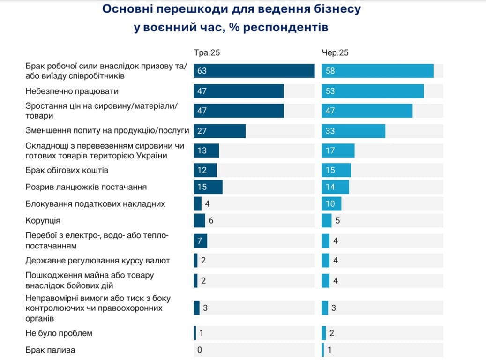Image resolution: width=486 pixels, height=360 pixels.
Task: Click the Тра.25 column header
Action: pos(207,53)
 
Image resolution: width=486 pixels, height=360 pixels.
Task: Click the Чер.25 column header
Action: pos(335,53)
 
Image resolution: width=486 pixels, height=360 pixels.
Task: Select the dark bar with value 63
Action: pos(254,71)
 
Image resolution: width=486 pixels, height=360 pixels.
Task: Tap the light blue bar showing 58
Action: pos(377,71)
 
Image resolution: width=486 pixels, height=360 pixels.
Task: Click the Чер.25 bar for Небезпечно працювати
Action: pos(373,91)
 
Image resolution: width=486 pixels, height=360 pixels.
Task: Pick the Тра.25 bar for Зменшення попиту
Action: pos(220,131)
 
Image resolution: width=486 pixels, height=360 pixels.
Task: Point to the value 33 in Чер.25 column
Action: pos(330,131)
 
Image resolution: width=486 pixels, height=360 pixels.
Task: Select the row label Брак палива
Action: pos(50,350)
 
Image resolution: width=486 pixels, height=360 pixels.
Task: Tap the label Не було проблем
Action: pos(59,333)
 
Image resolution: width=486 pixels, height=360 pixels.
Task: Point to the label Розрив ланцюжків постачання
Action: pos(86,187)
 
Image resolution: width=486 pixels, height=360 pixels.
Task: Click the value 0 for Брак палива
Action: pos(200,350)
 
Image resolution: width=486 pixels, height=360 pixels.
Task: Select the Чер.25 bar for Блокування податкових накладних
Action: pos(331,204)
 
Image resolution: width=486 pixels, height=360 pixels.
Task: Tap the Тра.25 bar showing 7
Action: pos(200,240)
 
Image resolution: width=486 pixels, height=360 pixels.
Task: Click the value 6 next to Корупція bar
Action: pos(211,220)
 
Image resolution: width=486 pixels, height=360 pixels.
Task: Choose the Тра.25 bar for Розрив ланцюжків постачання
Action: pos(208,187)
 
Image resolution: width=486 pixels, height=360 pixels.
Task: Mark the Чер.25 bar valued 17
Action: pos(338,150)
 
